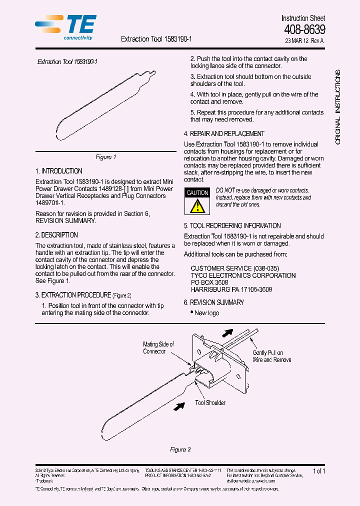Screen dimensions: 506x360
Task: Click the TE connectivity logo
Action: click(66, 27)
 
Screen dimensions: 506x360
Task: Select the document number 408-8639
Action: click(304, 29)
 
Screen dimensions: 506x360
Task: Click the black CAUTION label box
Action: click(197, 193)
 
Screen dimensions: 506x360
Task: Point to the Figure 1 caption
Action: click(106, 157)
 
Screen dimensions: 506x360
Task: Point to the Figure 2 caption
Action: click(180, 449)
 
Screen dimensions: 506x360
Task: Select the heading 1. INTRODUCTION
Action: click(59, 171)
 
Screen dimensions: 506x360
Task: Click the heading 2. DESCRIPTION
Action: click(56, 235)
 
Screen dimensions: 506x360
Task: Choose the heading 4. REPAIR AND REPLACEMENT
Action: click(224, 134)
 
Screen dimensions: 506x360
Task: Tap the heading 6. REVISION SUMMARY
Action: click(214, 302)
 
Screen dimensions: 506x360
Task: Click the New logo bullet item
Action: click(206, 313)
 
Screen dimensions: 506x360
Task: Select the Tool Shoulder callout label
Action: click(210, 402)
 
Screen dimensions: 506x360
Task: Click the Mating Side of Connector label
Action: click(158, 347)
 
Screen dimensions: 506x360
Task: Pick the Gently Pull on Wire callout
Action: click(271, 356)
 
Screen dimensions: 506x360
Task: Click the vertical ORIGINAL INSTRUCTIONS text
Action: click(338, 107)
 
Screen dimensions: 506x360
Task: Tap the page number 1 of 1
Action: click(318, 471)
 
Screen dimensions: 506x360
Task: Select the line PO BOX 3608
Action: click(209, 282)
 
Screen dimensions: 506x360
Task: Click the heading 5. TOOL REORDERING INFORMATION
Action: click(232, 226)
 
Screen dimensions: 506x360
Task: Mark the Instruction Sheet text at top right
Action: click(303, 18)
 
